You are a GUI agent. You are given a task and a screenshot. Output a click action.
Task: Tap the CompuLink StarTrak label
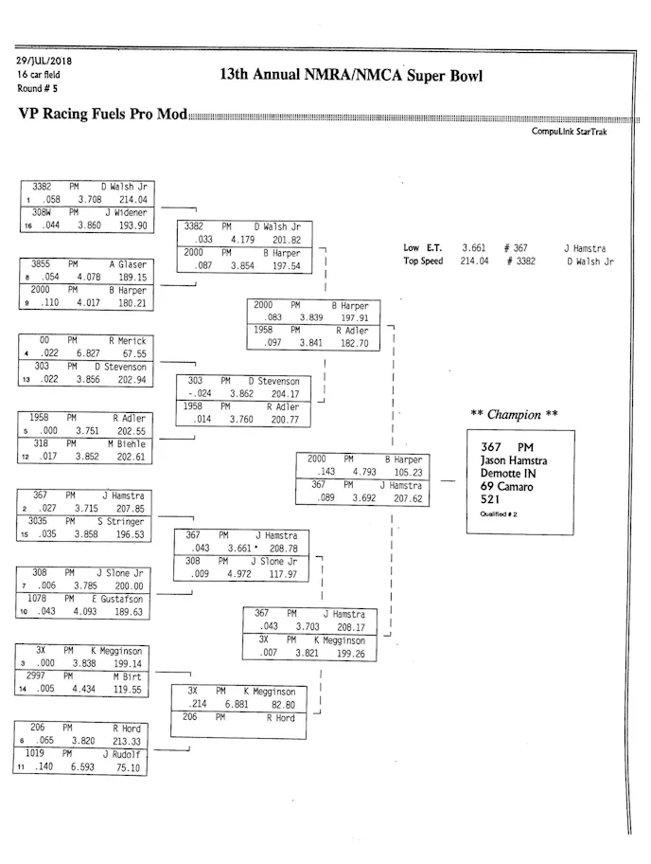(x=570, y=132)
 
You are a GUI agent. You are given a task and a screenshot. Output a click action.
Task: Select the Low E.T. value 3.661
(x=474, y=248)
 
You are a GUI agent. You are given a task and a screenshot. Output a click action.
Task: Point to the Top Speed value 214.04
(x=474, y=261)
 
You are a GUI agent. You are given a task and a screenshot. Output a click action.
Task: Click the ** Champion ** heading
(x=514, y=415)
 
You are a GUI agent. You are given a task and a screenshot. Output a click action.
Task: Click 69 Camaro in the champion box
(x=506, y=487)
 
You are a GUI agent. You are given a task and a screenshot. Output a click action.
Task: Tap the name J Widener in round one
(x=125, y=213)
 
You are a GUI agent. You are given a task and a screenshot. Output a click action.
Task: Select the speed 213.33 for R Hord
(x=126, y=742)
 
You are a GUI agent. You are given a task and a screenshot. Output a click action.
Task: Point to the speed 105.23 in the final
(x=404, y=472)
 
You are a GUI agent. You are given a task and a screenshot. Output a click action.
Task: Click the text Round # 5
(x=36, y=88)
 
